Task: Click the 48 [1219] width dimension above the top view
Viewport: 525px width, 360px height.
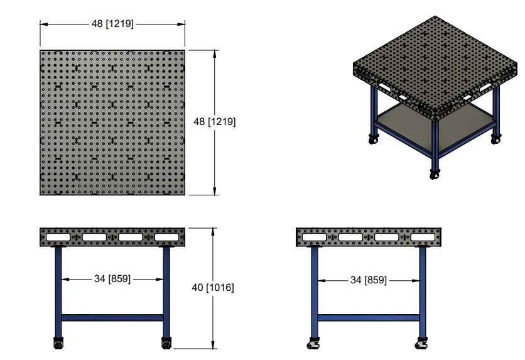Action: point(112,24)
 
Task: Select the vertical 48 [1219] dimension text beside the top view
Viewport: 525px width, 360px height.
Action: point(215,122)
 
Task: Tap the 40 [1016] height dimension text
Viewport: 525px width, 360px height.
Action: point(214,288)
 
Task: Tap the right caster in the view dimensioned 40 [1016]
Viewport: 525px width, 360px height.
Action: point(166,344)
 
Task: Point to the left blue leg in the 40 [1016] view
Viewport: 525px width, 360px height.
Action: point(58,289)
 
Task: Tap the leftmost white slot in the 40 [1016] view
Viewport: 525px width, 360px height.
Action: point(58,238)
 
